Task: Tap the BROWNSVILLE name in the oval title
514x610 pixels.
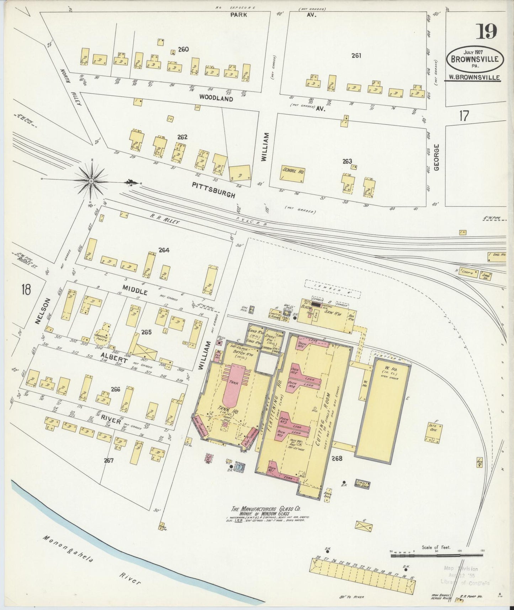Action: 475,59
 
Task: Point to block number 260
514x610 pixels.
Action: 183,49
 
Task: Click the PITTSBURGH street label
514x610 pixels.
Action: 213,190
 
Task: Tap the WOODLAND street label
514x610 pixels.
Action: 216,98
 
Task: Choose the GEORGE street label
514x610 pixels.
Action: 437,157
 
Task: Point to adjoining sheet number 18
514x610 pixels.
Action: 26,289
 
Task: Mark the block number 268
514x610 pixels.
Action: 337,459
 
